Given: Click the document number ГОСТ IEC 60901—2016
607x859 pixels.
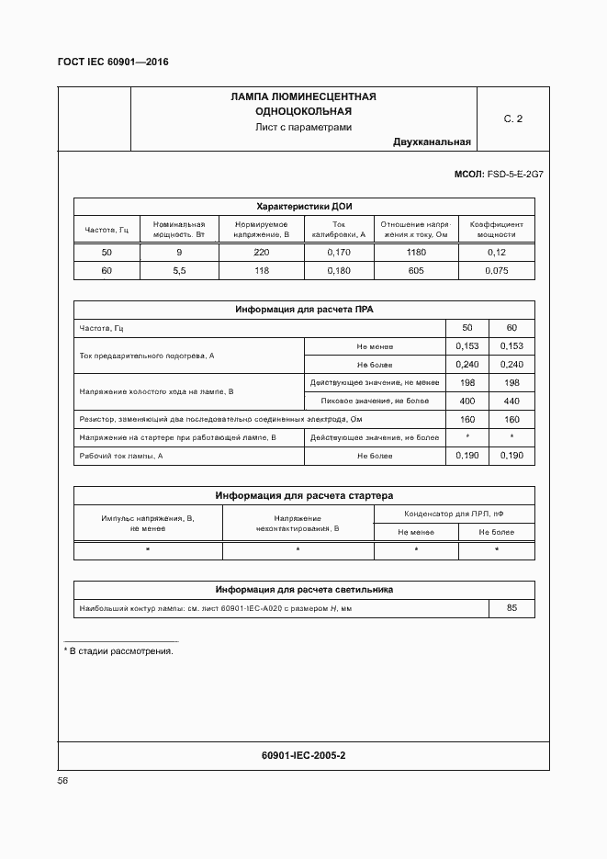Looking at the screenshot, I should (114, 62).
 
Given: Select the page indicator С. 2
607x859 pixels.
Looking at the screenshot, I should (512, 119).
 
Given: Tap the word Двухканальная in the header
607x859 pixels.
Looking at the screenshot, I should (432, 142).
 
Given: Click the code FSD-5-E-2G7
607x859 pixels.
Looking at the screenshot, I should (515, 174).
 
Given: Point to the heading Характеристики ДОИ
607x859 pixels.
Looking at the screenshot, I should (303, 207).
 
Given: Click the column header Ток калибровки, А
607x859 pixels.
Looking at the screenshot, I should (338, 230).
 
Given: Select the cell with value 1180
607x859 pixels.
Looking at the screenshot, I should (414, 253).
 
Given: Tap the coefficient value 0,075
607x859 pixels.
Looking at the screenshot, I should (496, 271).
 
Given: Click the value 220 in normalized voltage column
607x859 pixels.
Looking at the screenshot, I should (261, 253).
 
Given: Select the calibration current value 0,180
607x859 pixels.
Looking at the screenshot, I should (338, 271).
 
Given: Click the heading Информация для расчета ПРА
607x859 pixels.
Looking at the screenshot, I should (303, 311).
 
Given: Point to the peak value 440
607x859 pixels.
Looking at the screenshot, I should (511, 401).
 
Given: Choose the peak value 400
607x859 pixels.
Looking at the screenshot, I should (467, 401).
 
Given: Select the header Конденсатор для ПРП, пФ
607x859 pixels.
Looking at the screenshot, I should (454, 514).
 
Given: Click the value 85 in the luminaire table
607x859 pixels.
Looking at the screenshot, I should (511, 608).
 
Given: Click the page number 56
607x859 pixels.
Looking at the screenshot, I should (63, 781).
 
